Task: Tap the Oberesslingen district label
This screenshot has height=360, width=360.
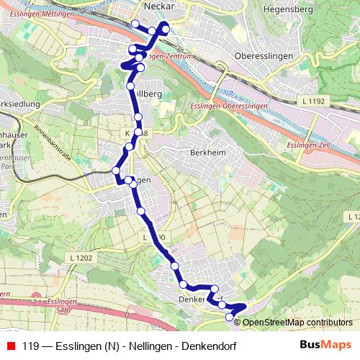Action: [x=266, y=56]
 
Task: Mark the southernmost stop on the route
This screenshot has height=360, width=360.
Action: [x=230, y=317]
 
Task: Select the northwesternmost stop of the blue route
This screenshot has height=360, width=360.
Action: [x=135, y=24]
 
